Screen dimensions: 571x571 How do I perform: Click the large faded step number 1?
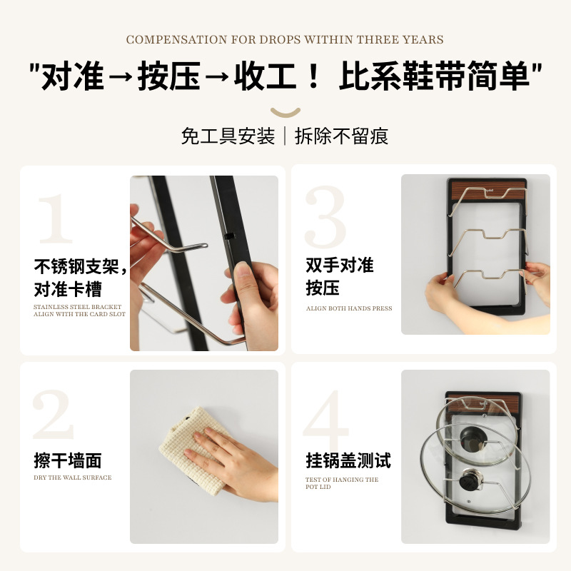coord(56,218)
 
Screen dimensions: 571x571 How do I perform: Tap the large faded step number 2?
coord(53,415)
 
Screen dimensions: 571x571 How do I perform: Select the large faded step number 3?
coord(325,217)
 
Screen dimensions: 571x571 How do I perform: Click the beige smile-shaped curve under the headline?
coord(285,113)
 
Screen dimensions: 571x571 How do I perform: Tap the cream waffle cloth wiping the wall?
coord(193,450)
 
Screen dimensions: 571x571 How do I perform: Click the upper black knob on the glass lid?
coord(472,438)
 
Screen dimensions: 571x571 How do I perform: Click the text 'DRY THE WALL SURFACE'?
coord(73,477)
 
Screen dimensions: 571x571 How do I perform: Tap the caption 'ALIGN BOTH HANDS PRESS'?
coord(349,308)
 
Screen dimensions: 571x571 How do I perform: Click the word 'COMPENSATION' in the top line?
coord(176,39)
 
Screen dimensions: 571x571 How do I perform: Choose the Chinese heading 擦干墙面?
coord(68,460)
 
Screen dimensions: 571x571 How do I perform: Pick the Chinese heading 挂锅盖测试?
coord(348,460)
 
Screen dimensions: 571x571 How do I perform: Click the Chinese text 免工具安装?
coord(228,136)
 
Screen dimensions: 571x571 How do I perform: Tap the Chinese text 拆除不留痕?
coord(341,136)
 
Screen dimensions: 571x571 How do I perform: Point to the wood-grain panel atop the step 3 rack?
coord(489,191)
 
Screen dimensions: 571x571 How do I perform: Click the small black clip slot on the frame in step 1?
coord(228,236)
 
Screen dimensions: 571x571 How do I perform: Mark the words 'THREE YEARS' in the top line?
coord(400,39)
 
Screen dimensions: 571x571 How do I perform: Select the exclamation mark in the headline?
coord(313,76)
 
